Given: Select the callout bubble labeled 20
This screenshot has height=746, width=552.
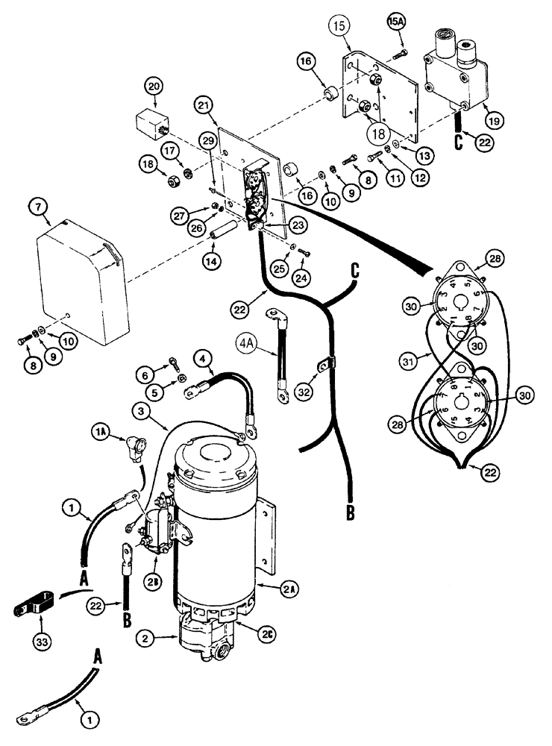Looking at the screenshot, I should pyautogui.click(x=154, y=87).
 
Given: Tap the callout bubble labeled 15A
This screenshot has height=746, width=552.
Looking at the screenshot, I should pyautogui.click(x=398, y=17).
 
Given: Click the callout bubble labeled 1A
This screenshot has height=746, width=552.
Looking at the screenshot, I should pyautogui.click(x=101, y=430).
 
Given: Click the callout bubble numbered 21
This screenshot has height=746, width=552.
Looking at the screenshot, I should pyautogui.click(x=205, y=107).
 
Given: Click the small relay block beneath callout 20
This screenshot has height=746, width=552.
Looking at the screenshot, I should pyautogui.click(x=153, y=122).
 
